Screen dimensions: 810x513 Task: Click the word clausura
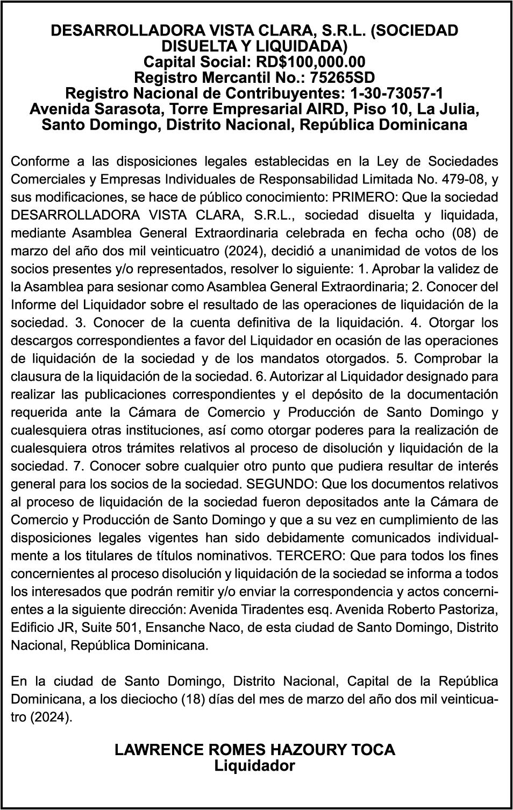(x=35, y=376)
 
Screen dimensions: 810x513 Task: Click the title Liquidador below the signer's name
(x=255, y=765)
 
